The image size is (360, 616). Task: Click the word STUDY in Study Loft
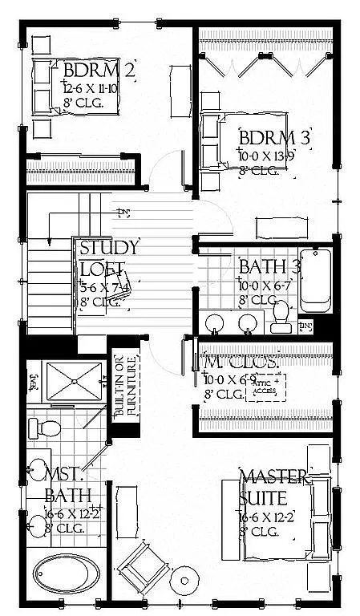(x=109, y=247)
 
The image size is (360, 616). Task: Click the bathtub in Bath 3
(x=316, y=282)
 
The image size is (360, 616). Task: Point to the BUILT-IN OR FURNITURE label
(x=121, y=387)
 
